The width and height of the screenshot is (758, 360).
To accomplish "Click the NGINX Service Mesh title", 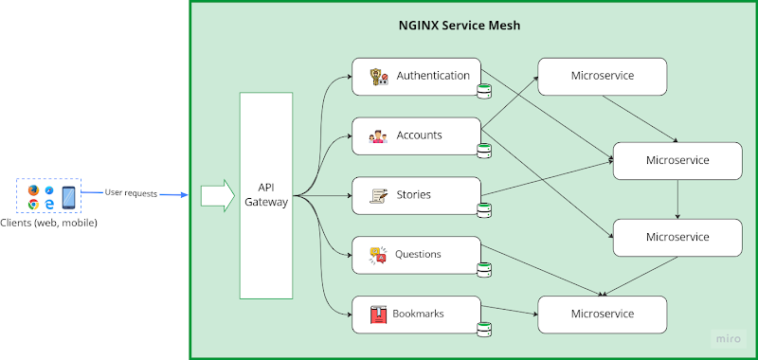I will click(x=459, y=26).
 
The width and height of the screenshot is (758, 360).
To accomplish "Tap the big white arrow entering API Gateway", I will click(x=216, y=196).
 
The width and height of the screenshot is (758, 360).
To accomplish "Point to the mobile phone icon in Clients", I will click(x=68, y=197).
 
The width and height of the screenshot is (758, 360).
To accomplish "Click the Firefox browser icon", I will click(x=33, y=190).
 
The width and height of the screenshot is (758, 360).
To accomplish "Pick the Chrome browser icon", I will click(x=33, y=204).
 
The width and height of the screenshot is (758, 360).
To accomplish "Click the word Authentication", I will click(x=433, y=76).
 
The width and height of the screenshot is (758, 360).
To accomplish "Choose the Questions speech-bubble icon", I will click(x=378, y=255).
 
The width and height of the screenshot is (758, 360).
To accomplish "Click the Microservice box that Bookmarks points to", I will click(x=602, y=314).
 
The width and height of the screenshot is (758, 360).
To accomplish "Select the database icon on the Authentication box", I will click(x=484, y=91).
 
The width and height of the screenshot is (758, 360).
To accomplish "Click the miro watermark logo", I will click(x=727, y=338).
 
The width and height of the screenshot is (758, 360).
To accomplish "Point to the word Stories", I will click(x=413, y=195).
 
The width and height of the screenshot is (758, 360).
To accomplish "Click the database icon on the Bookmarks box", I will click(x=484, y=329).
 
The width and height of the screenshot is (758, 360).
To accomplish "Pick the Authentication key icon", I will click(x=378, y=77).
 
